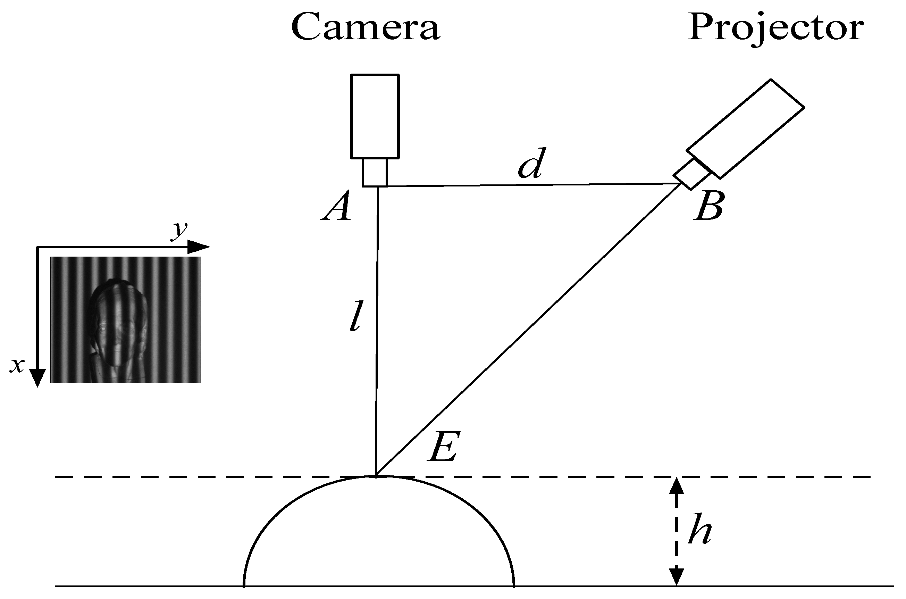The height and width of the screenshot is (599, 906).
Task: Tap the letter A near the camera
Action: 336,206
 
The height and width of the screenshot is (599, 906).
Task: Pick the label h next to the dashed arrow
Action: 699,530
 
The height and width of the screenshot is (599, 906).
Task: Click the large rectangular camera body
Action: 375,116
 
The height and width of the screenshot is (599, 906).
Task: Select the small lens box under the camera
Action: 375,172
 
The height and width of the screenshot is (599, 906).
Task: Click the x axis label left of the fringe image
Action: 17,366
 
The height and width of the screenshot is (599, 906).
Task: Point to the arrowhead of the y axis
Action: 200,247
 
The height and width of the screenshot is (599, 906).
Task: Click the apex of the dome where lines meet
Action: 376,476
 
